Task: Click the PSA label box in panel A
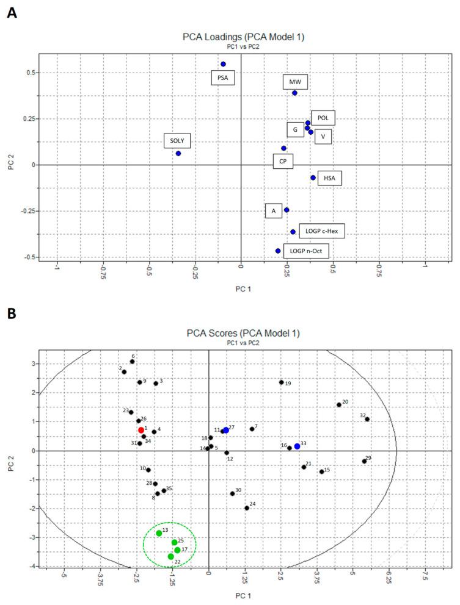pyautogui.click(x=223, y=77)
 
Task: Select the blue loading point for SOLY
pyautogui.click(x=178, y=153)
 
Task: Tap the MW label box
pyautogui.click(x=296, y=82)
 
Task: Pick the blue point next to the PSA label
pyautogui.click(x=223, y=64)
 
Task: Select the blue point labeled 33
pyautogui.click(x=297, y=446)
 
